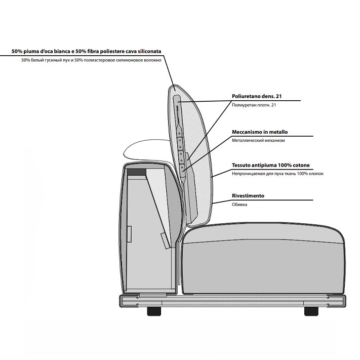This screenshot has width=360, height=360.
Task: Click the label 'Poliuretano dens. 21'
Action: click(256, 96)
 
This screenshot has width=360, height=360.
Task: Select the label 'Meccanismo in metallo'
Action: click(260, 132)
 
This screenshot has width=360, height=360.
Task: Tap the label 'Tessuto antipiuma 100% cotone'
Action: click(271, 165)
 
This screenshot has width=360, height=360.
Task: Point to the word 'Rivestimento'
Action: click(248, 196)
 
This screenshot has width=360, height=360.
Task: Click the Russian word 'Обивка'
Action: click(239, 205)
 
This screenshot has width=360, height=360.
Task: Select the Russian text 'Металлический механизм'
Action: click(258, 141)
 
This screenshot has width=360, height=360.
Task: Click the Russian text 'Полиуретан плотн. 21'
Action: click(254, 105)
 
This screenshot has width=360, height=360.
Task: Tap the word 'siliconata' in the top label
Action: click(149, 51)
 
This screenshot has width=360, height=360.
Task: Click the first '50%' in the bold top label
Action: click(17, 52)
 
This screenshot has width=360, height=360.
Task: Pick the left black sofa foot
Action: click(154, 311)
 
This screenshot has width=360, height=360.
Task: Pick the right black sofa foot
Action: click(311, 311)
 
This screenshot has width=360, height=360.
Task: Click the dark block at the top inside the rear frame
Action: click(137, 172)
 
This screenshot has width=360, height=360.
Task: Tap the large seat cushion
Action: click(264, 259)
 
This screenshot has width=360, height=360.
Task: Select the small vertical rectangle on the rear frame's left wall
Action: click(129, 234)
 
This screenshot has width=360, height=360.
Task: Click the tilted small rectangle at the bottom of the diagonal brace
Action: click(165, 241)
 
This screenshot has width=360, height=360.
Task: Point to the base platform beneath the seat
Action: click(232, 301)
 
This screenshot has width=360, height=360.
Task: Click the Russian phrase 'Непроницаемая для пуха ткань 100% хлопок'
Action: click(277, 174)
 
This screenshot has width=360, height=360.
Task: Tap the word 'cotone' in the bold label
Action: click(300, 165)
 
